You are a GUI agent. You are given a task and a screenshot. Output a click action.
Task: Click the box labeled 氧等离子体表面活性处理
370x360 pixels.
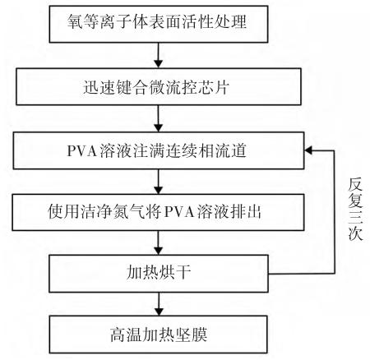tap(159, 24)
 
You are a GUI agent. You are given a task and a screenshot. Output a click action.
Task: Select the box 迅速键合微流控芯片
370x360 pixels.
tap(159, 86)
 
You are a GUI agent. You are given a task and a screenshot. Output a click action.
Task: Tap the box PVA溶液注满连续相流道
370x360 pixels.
tap(159, 150)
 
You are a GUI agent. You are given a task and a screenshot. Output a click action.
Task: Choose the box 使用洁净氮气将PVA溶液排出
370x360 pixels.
tap(158, 212)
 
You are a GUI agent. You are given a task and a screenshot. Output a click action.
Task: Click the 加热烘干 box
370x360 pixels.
tap(159, 274)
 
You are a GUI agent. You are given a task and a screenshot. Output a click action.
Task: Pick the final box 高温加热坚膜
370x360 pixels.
tap(159, 335)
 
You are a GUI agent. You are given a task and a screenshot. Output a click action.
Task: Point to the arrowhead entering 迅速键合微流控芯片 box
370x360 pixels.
tap(159, 63)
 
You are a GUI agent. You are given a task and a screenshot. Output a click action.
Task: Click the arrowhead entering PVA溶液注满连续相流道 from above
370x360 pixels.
tap(159, 127)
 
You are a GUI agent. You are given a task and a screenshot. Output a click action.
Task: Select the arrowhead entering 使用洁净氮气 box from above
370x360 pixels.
tap(159, 190)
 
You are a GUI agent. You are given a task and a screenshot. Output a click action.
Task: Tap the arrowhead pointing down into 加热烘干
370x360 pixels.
tap(159, 251)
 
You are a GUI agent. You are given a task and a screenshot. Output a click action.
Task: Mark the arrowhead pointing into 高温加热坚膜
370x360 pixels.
tap(159, 312)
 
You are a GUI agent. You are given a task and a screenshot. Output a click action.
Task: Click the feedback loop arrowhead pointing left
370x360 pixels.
tap(308, 150)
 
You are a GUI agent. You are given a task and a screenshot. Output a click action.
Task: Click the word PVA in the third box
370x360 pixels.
tap(82, 151)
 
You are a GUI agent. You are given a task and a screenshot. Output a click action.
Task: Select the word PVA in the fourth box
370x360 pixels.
tap(179, 212)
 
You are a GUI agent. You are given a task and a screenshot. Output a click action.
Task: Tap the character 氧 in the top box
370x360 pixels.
tap(75, 21)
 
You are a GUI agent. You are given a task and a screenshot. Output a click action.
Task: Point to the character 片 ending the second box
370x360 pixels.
tap(221, 87)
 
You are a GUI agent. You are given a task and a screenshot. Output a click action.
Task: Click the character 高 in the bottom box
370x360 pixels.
tap(118, 335)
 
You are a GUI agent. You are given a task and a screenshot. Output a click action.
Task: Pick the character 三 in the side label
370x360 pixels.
tap(355, 218)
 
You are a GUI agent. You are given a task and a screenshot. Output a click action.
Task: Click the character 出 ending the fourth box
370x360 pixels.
tap(254, 212)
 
